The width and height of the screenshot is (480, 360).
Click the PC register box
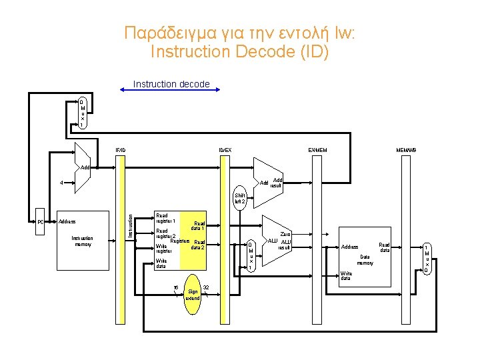pos(40,222)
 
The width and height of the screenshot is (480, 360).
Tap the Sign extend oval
pos(193,294)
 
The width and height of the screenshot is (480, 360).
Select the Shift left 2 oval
pos(240,198)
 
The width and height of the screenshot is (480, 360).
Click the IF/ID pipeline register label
pos(121,150)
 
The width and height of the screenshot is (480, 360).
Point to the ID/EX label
pos(226,150)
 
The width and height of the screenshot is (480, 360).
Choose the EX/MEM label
pos(317,150)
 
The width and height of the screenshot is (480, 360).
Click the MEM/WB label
pos(406,150)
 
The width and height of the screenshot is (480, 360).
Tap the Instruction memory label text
pos(82,241)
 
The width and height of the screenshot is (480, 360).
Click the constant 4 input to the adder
pos(61,182)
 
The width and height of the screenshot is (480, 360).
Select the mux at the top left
pos(82,113)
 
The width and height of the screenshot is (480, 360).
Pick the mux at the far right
pos(426,259)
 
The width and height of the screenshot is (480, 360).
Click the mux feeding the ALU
pos(250,254)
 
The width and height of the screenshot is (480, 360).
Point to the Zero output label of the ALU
pos(286,234)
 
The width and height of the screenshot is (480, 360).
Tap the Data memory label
pos(365,259)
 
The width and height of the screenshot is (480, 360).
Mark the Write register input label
pos(164,249)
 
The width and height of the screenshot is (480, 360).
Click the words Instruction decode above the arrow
pos(171,84)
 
